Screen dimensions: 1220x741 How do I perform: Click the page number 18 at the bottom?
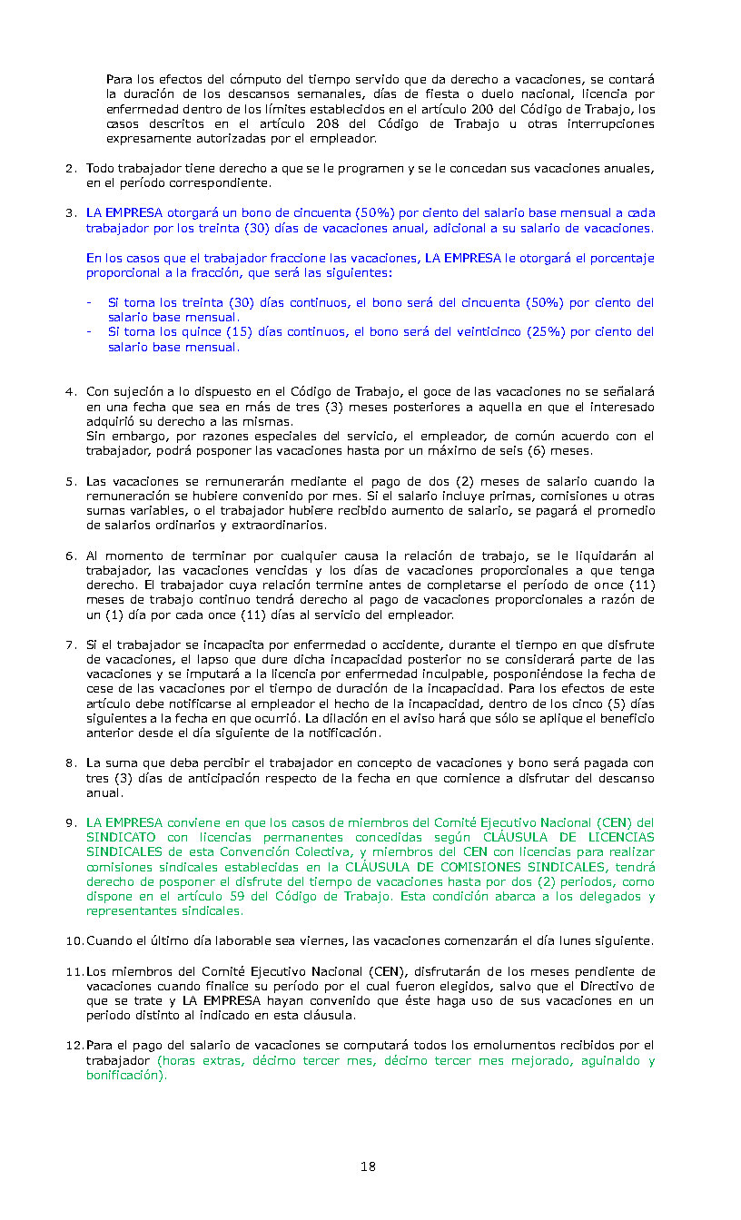pos(368,1166)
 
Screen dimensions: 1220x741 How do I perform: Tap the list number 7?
pos(70,645)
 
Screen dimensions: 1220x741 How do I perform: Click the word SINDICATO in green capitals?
pos(121,838)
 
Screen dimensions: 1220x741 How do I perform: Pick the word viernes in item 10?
pos(318,940)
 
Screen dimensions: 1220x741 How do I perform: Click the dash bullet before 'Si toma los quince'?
pos(89,332)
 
